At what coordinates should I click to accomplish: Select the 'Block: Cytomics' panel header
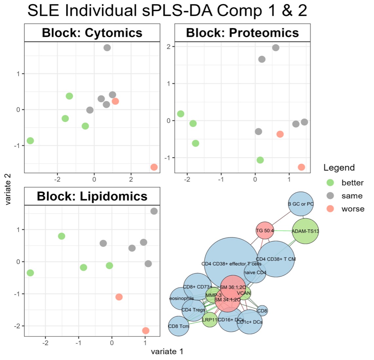92,33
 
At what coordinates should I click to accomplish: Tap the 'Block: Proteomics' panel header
242,33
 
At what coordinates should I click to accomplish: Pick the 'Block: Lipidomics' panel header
92,196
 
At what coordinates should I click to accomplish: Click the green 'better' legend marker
330,183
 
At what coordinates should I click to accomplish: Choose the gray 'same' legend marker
330,196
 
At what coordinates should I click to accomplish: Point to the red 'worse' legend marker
330,209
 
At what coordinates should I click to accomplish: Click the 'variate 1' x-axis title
167,351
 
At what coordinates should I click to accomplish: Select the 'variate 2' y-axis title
9,189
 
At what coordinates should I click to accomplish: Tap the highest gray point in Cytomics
107,48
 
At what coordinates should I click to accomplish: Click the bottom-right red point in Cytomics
154,167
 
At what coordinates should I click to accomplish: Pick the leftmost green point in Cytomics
30,141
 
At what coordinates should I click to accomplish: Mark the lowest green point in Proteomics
260,160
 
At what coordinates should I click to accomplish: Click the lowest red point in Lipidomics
146,331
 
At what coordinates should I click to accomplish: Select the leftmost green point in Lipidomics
30,273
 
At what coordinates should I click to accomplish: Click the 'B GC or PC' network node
301,204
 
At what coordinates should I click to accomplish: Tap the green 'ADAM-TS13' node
305,231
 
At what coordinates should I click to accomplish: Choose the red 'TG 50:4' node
265,231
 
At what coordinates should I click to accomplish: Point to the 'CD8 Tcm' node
179,326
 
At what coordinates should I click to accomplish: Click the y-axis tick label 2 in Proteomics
168,47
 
